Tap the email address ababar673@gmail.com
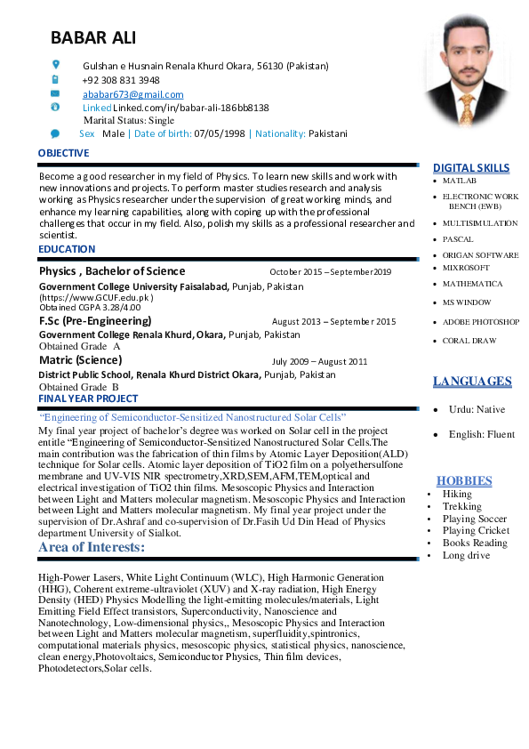133,93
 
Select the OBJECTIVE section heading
63,153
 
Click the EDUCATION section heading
67,250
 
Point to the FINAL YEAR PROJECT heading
88,399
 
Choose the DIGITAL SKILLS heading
471,167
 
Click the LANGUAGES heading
472,382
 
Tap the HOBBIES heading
464,481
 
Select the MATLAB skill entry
460,181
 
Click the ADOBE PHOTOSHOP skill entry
481,322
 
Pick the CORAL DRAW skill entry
469,341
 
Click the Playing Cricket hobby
476,530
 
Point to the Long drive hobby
466,555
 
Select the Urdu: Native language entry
477,409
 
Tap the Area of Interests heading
92,547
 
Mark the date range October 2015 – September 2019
331,272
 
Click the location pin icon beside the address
55,65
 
